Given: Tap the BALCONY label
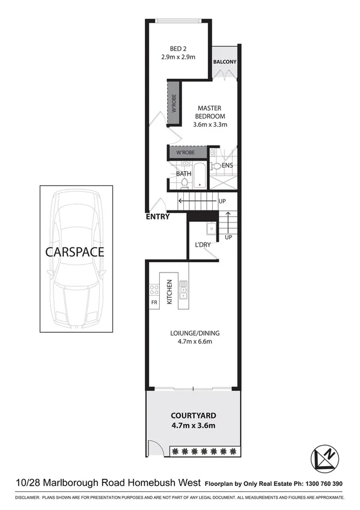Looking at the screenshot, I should (x=225, y=62).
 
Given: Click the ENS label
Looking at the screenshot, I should (x=227, y=165).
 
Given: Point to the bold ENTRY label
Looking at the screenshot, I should (x=157, y=217).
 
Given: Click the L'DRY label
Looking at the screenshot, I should (x=202, y=245).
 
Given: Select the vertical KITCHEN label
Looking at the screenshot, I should (x=170, y=291).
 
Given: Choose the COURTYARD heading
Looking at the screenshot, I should (x=193, y=416).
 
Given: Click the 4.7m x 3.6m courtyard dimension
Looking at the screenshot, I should (x=193, y=426).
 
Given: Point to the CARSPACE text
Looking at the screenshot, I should (x=75, y=251).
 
